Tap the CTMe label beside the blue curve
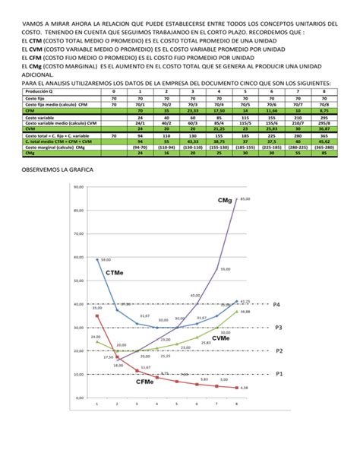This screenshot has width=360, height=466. (x=115, y=272)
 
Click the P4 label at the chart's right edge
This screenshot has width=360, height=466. (x=277, y=303)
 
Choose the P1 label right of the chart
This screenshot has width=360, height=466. (x=277, y=374)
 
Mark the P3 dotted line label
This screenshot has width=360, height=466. (x=277, y=327)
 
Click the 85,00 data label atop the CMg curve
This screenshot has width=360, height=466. (x=245, y=199)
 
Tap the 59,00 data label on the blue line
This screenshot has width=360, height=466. (x=105, y=259)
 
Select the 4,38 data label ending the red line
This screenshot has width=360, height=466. (x=244, y=388)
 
